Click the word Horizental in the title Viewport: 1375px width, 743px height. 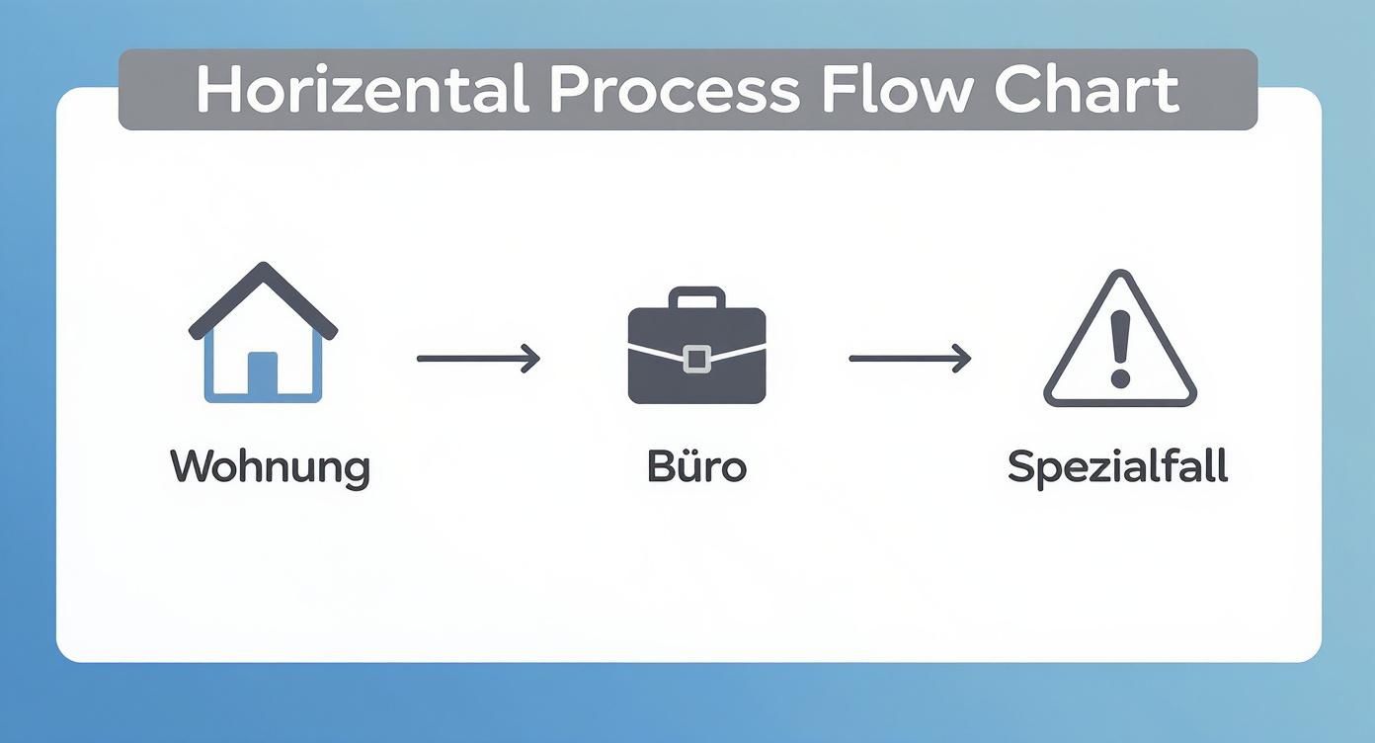coord(363,90)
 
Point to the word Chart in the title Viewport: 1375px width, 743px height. coord(1088,90)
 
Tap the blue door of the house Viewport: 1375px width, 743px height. coord(263,373)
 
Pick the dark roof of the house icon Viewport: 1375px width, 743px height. coord(264,301)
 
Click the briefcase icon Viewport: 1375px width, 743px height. coord(696,345)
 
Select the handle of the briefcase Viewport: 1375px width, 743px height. coord(696,297)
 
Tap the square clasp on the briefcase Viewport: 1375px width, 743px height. coord(696,359)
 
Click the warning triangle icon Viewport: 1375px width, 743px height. coord(1120,338)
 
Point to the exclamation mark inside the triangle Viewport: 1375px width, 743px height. coord(1120,349)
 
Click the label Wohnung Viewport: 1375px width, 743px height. coord(270,468)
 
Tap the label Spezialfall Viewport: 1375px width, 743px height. coord(1118,468)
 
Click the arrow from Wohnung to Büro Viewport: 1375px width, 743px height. coord(478,359)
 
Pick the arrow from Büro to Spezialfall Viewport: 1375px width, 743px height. coord(910,359)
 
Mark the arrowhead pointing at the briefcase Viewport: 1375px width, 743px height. coord(531,359)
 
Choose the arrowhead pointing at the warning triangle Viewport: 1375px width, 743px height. coord(963,359)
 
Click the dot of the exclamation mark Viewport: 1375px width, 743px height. coord(1120,378)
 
